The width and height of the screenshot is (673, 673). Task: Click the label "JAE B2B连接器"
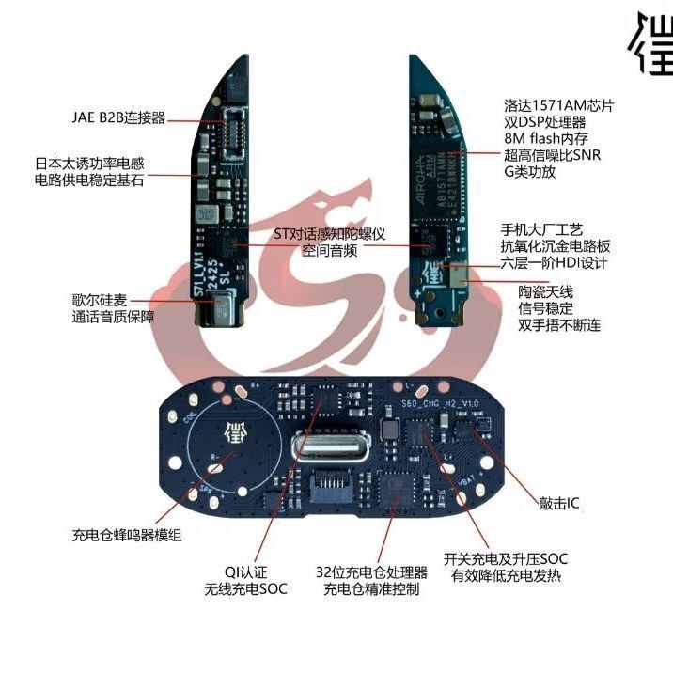click(x=118, y=118)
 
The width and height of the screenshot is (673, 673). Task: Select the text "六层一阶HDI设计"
click(x=555, y=263)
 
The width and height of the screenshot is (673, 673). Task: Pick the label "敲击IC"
click(x=560, y=504)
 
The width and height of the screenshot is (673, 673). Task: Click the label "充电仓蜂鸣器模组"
click(x=127, y=535)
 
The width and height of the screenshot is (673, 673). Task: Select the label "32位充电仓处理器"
click(x=371, y=572)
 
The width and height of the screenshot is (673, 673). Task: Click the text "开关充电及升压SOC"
click(x=509, y=557)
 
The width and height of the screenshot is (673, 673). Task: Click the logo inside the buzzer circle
click(x=226, y=433)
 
